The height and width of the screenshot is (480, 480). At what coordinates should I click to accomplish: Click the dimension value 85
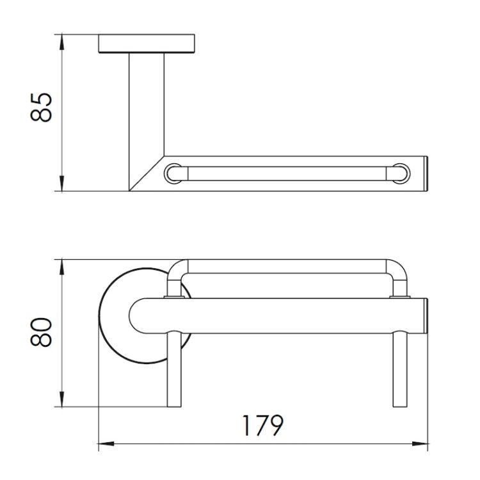coord(42,108)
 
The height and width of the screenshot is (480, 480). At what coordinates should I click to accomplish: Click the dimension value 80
coord(42,332)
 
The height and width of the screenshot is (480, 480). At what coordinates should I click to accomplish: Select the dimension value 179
coord(263,426)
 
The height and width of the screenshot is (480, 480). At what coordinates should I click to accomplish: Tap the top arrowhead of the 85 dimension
coord(61,42)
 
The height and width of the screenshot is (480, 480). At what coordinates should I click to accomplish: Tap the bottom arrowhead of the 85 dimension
coord(61,184)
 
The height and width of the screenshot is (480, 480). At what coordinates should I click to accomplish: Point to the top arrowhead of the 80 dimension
coord(61,267)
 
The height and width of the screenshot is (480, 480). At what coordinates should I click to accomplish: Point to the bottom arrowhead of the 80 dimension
coord(61,399)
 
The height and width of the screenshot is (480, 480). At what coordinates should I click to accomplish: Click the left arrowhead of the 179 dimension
coord(106,444)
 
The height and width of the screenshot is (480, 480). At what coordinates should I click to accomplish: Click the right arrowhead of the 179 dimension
coord(420,444)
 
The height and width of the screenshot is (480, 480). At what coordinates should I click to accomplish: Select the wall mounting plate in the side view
coord(147,44)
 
